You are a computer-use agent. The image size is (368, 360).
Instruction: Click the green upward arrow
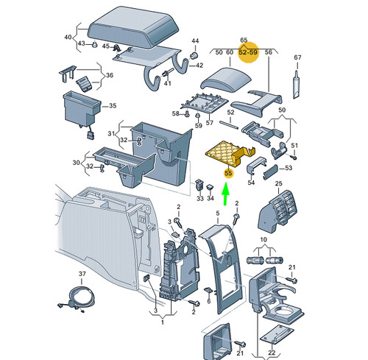click(x=225, y=194)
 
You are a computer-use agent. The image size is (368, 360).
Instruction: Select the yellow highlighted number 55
click(x=228, y=173)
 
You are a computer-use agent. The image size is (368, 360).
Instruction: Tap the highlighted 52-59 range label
click(x=248, y=52)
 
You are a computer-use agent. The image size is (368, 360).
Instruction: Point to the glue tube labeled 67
click(x=297, y=85)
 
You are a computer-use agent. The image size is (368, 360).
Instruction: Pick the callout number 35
click(x=113, y=106)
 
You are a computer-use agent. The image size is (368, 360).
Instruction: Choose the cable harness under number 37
click(x=75, y=299)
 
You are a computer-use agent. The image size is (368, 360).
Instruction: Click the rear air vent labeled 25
click(x=277, y=211)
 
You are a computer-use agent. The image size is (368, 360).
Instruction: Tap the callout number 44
click(x=195, y=40)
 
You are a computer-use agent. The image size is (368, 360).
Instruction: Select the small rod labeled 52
click(x=229, y=124)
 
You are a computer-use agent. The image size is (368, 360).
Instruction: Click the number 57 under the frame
click(x=210, y=123)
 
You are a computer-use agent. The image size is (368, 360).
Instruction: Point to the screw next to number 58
click(x=186, y=114)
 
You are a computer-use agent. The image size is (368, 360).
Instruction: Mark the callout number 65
click(x=244, y=40)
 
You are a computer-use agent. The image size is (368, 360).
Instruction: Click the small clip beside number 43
click(x=94, y=44)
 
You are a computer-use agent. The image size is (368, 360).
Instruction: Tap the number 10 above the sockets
click(x=263, y=239)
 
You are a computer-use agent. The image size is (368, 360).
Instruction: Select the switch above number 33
click(x=199, y=184)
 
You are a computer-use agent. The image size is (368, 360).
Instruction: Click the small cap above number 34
click(x=210, y=187)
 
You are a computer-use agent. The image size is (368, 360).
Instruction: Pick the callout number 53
click(x=289, y=168)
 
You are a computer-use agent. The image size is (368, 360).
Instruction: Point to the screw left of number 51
click(x=293, y=157)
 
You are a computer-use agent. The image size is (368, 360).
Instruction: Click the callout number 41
click(x=168, y=83)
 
